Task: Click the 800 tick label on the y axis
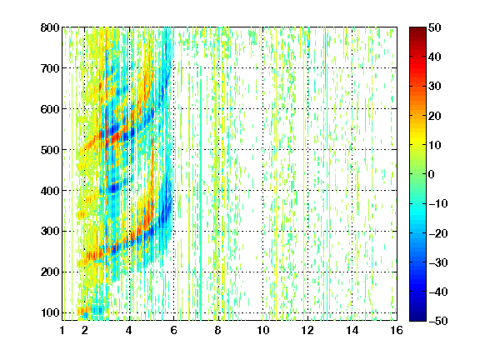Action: (x=50, y=27)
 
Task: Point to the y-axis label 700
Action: (x=50, y=68)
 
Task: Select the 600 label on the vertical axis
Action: (x=50, y=109)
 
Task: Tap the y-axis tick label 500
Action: (x=50, y=150)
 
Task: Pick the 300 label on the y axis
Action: (x=50, y=232)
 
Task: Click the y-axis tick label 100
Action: (x=50, y=312)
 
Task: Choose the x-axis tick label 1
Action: (x=62, y=330)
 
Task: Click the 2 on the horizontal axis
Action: (x=85, y=330)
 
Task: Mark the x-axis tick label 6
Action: (x=173, y=330)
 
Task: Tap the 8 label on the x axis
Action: (x=218, y=330)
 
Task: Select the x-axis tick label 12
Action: (x=307, y=330)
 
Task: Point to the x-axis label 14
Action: (x=352, y=330)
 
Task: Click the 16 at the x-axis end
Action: (x=397, y=330)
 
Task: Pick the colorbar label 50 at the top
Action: (x=435, y=27)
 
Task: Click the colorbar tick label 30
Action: (x=435, y=86)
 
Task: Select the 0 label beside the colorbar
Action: (x=432, y=174)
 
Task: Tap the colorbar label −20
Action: (x=438, y=233)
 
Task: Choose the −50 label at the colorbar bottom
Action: (x=438, y=321)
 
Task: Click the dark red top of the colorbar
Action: (x=417, y=31)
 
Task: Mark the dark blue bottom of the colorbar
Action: (x=417, y=317)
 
